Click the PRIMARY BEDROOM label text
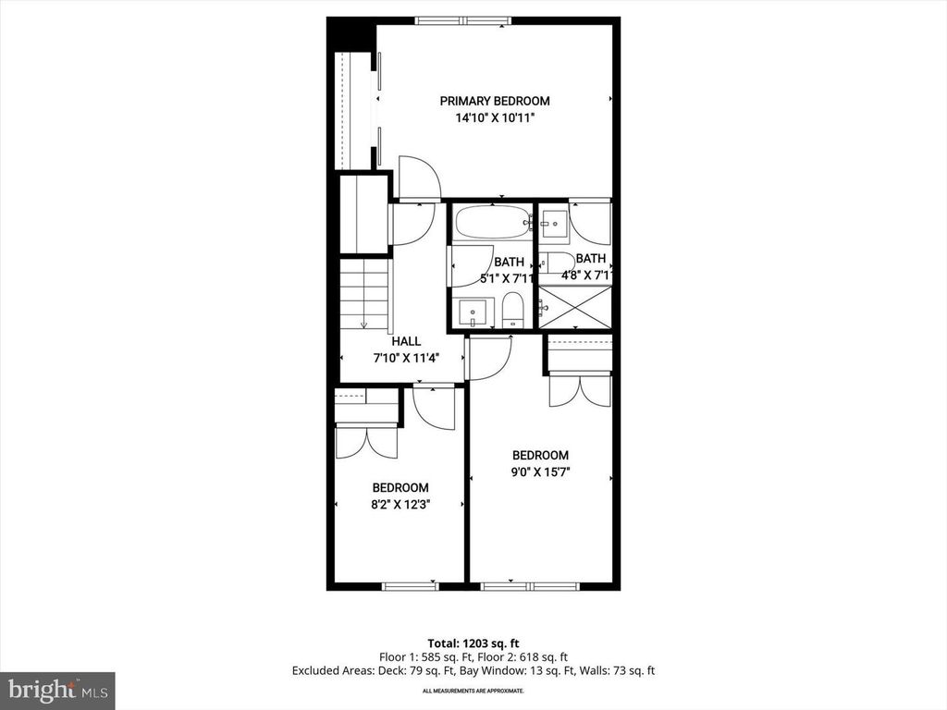tap(495, 101)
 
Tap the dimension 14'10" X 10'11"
tap(495, 118)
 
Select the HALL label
tap(406, 341)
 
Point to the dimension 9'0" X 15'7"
tap(540, 471)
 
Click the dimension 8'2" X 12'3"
tap(400, 504)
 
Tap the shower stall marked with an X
tap(575, 307)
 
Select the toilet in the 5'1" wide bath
tap(513, 311)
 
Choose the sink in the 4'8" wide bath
tap(555, 222)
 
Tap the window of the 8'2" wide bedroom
tap(410, 585)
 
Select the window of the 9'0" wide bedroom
tap(530, 585)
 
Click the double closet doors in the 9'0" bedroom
tap(580, 390)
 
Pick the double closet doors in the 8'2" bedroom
tap(366, 441)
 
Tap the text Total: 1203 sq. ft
tap(473, 643)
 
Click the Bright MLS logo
tap(57, 690)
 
